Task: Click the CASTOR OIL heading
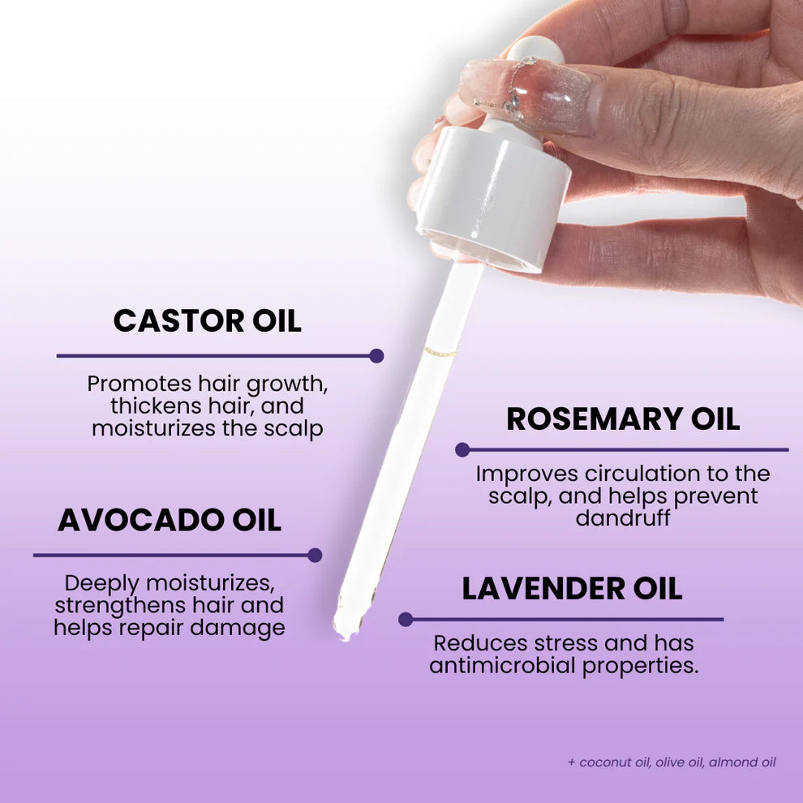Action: click(207, 320)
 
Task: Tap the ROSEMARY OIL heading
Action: click(623, 419)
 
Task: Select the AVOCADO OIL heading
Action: click(170, 520)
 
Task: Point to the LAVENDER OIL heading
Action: click(572, 589)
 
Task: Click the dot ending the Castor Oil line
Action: click(376, 355)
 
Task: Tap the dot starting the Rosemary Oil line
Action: click(462, 449)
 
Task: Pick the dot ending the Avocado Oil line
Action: click(315, 555)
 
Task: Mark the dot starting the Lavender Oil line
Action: click(406, 620)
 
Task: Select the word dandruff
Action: click(623, 517)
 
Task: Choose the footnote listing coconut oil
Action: click(672, 762)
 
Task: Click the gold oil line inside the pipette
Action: click(441, 352)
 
